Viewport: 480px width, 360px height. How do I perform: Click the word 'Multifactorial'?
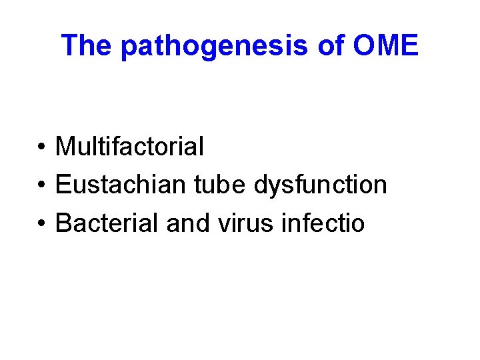[x=129, y=146]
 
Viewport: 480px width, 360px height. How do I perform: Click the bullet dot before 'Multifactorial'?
[x=41, y=147]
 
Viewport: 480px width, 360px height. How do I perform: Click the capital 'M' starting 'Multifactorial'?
[x=65, y=146]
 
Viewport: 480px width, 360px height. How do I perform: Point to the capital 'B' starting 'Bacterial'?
[x=63, y=223]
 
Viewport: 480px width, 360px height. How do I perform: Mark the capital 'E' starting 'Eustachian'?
[x=63, y=185]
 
